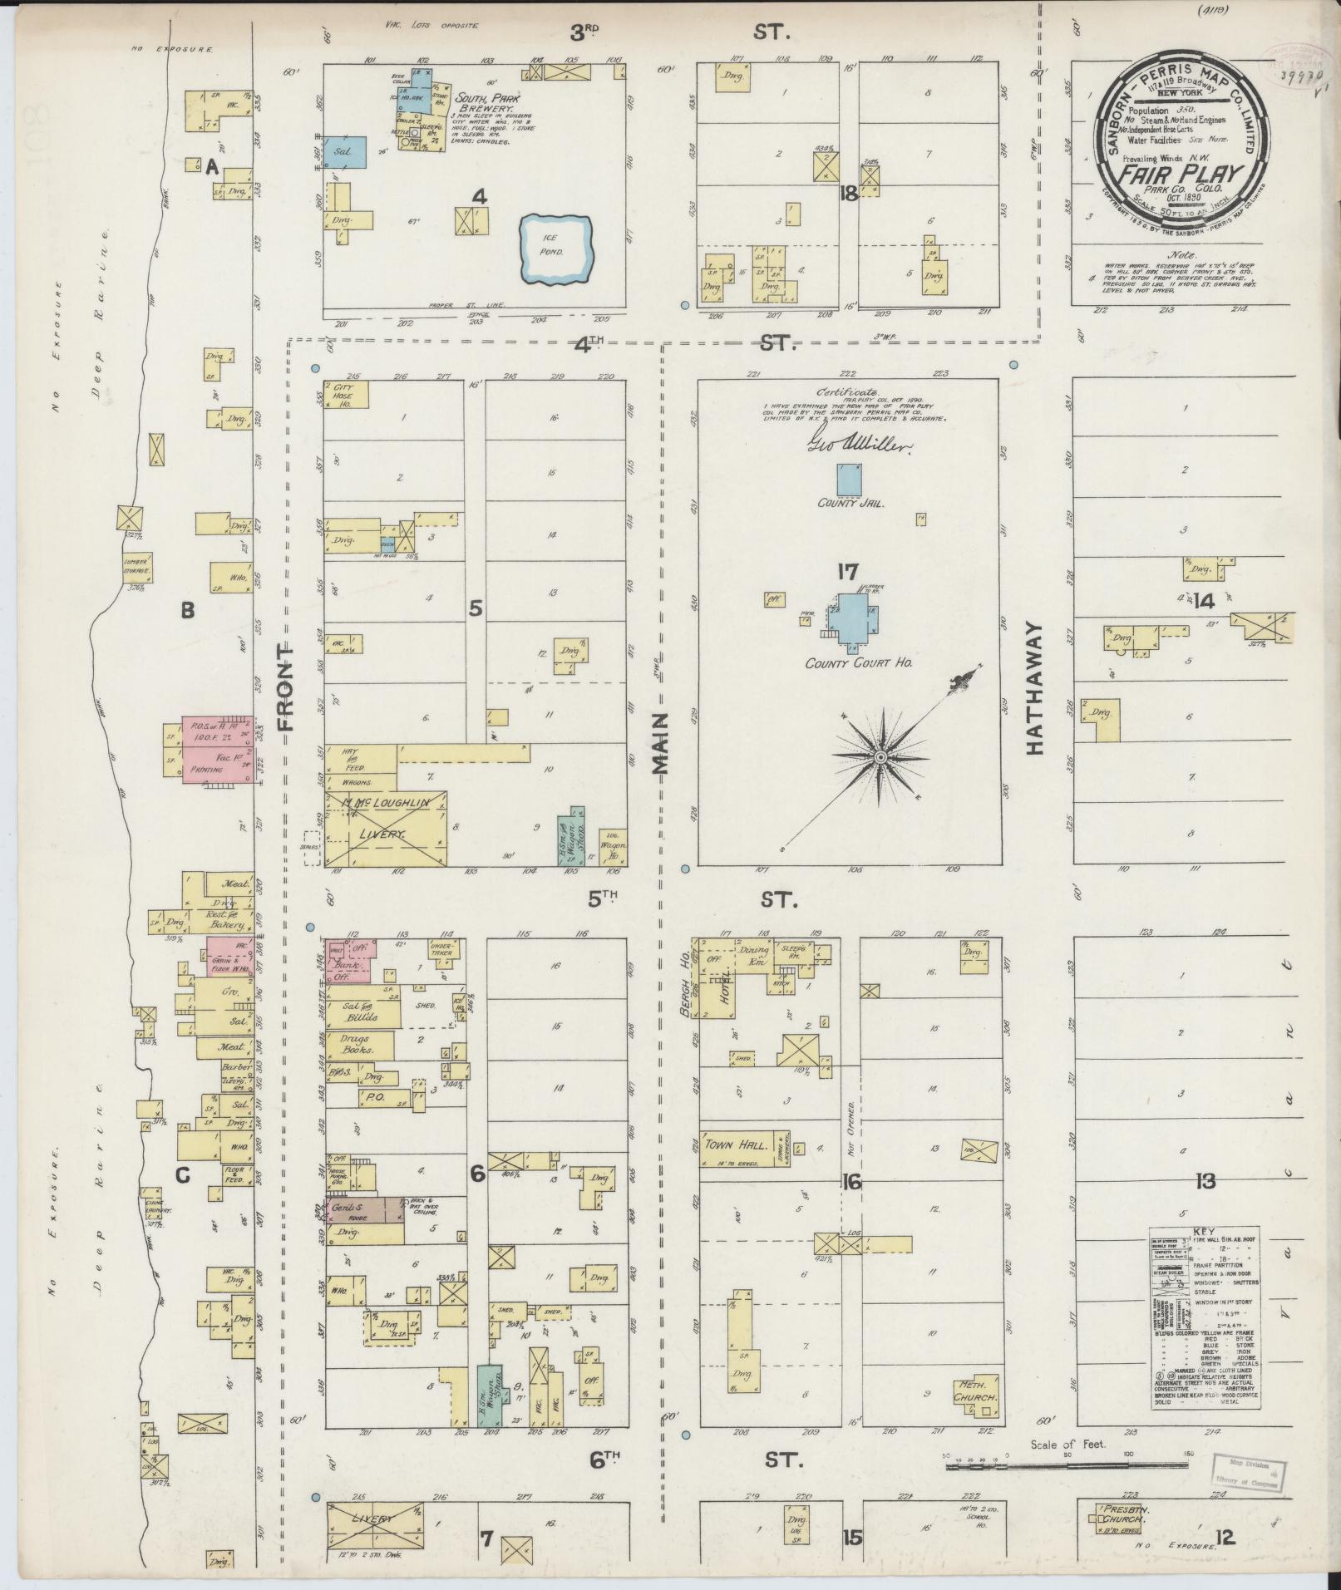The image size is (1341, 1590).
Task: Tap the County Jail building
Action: coord(849,480)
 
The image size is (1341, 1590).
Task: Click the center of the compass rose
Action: coord(879,757)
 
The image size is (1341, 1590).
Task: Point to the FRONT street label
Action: coord(287,687)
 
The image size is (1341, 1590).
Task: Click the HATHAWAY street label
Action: coord(1034,688)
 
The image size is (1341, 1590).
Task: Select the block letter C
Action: coord(183,1176)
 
